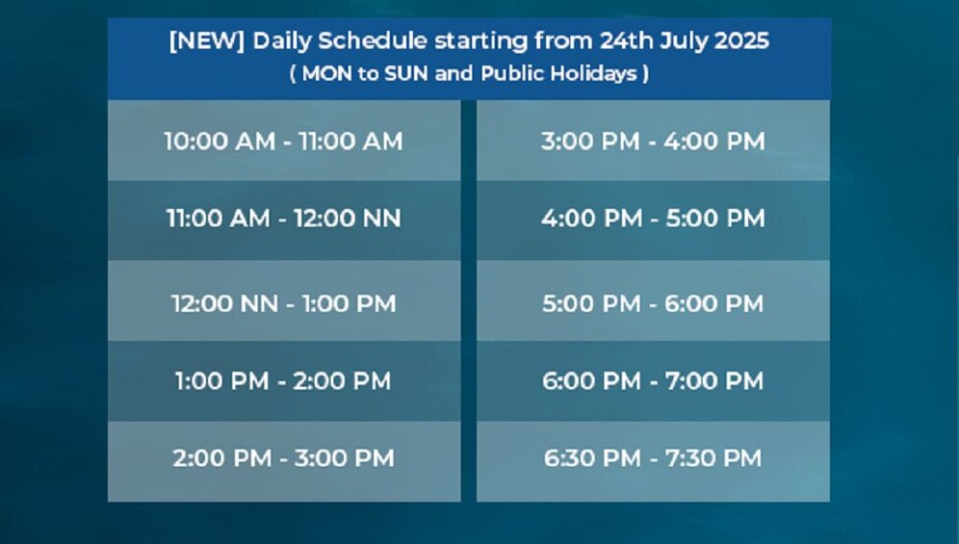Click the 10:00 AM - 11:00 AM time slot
point(284,141)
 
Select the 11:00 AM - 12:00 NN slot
point(284,219)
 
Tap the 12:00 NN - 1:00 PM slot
point(284,303)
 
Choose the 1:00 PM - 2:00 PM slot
point(284,381)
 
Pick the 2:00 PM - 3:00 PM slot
point(284,458)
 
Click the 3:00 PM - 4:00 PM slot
point(653,141)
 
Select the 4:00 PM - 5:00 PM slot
point(653,219)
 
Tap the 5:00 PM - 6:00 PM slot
point(653,303)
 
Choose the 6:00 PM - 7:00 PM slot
point(653,381)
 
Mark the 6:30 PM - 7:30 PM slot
point(653,458)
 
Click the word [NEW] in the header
point(207,41)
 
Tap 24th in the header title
point(626,41)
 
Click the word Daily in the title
point(281,41)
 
